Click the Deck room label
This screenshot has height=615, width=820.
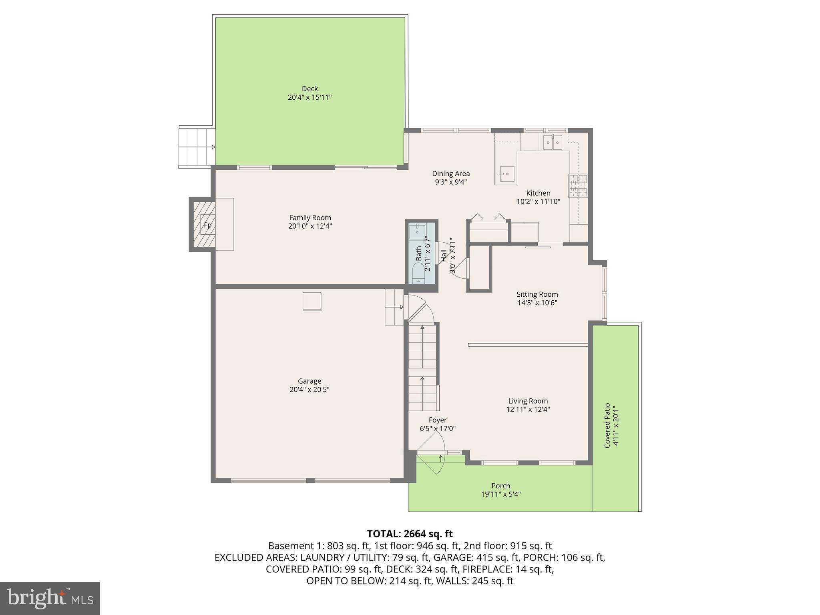point(310,89)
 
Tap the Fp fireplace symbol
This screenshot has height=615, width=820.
point(207,225)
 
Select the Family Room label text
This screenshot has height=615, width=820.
point(310,218)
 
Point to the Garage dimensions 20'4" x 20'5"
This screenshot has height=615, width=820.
point(310,390)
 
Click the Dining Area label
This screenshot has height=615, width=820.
point(451,174)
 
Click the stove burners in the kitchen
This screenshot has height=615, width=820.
point(578,186)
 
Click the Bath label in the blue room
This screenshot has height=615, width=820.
point(419,253)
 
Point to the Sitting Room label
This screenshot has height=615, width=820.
point(537,295)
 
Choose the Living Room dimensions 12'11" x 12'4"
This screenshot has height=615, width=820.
point(528,410)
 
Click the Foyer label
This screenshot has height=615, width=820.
point(438,420)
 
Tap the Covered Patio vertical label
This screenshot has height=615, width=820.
point(607,425)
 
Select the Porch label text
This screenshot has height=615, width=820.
point(500,486)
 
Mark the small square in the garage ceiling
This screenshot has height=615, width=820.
point(312,301)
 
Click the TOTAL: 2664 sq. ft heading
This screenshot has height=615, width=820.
point(410,534)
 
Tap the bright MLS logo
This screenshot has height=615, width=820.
point(50,599)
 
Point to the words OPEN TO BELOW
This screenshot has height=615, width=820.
point(346,581)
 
